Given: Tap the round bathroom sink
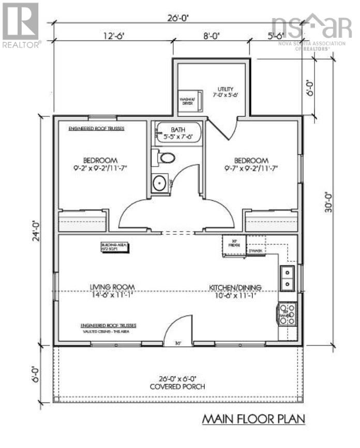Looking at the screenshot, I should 160,183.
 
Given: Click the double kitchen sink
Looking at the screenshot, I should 287,277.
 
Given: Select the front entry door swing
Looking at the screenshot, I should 176,331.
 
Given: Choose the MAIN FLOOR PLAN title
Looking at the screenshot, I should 252,417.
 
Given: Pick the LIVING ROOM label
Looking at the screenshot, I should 113,287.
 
